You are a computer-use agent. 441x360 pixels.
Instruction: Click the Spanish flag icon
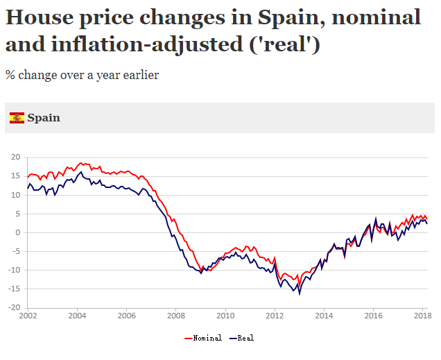point(17,118)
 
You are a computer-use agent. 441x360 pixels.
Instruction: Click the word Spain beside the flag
point(44,118)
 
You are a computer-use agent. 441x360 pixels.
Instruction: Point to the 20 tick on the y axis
point(15,157)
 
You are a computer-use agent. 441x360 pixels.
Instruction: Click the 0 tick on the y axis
point(18,232)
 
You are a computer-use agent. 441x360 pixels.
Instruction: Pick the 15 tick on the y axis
point(15,176)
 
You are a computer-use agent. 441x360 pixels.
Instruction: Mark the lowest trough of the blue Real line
point(300,293)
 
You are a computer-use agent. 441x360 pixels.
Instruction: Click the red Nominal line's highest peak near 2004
point(81,163)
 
